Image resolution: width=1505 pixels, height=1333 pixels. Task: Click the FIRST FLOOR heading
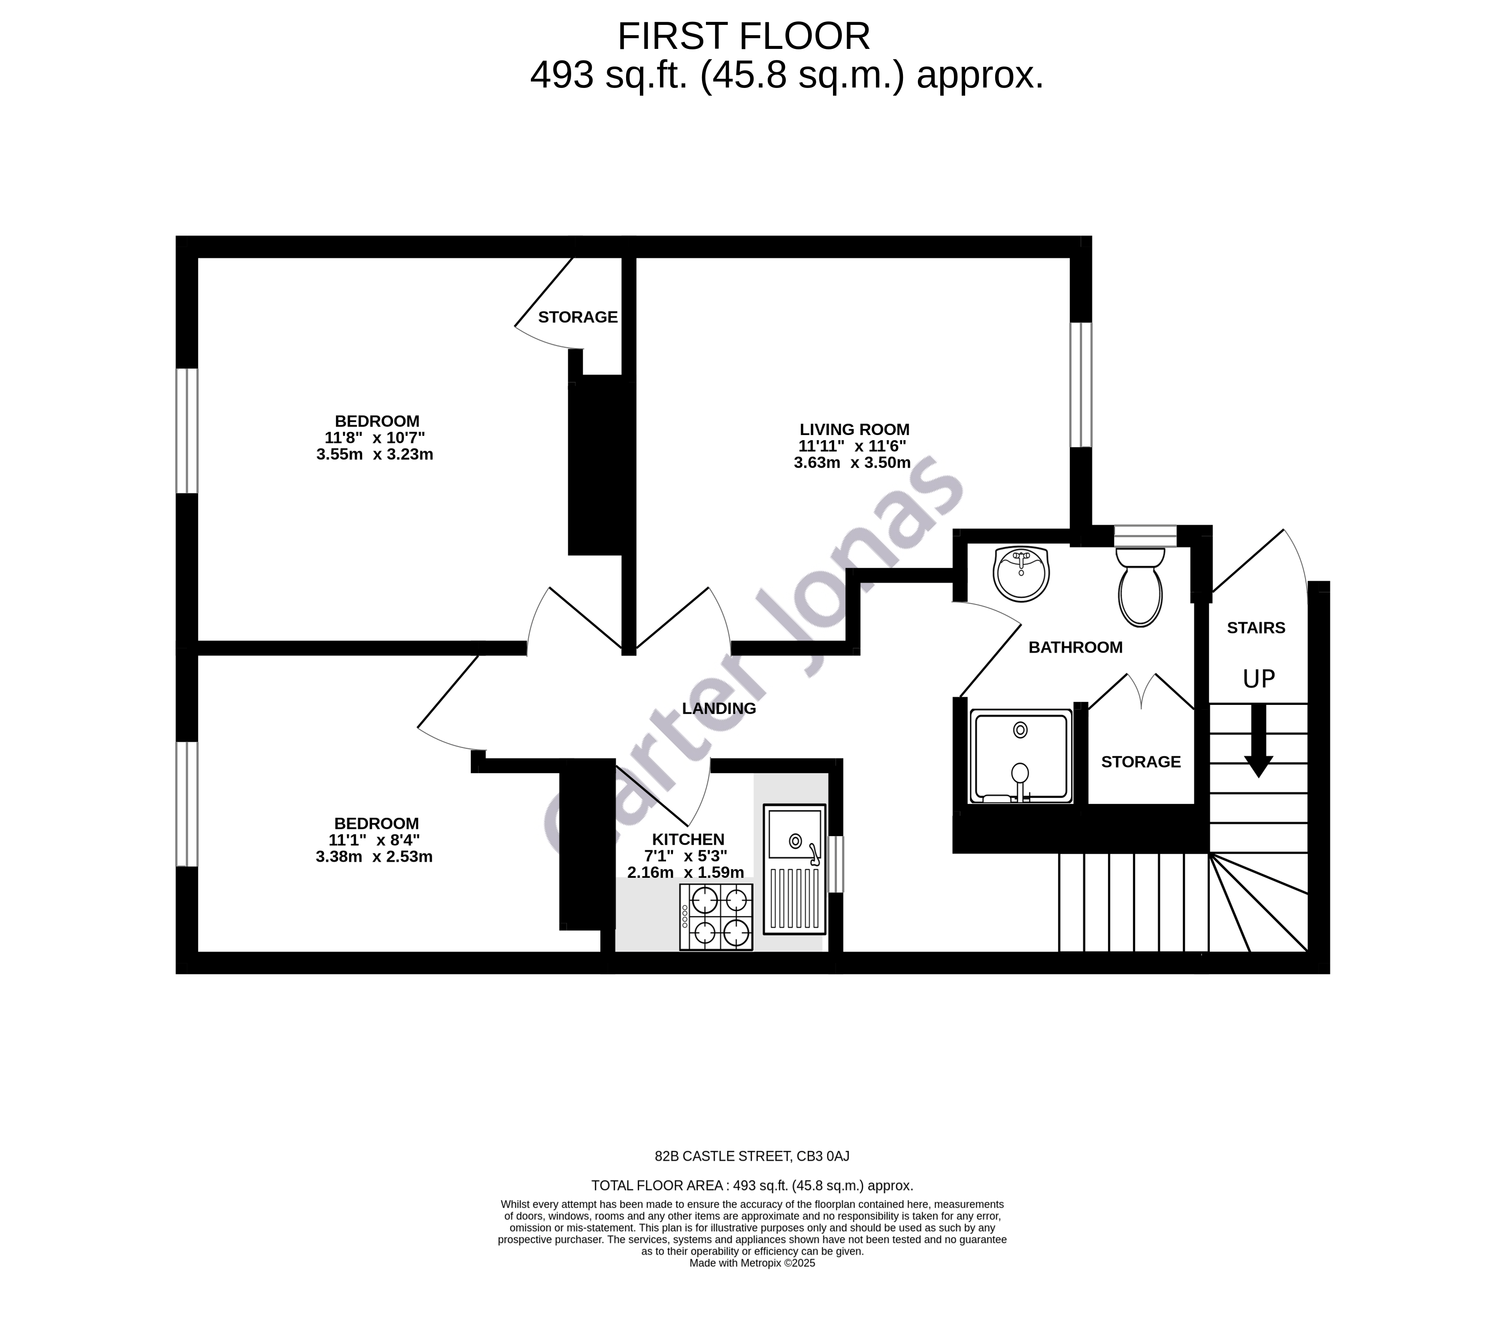point(744,37)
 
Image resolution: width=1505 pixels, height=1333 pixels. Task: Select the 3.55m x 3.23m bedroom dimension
point(375,454)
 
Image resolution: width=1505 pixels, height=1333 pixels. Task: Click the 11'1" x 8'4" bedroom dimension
point(374,840)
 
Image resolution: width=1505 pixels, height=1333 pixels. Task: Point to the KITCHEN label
point(688,839)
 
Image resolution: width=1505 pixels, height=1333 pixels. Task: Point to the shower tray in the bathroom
point(1020,756)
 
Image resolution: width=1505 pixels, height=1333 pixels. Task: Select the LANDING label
point(719,708)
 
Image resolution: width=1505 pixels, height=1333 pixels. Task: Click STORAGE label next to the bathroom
point(1141,762)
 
